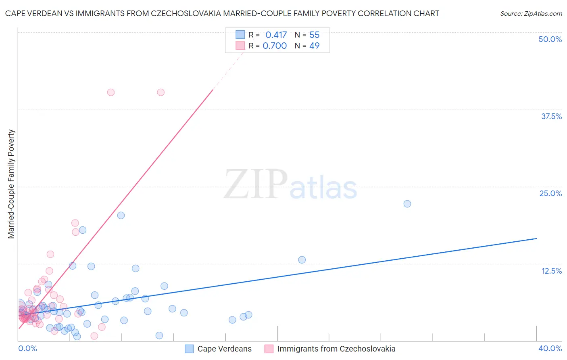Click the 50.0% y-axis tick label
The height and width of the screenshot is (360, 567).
(x=550, y=39)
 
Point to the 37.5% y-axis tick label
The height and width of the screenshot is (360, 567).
(x=551, y=116)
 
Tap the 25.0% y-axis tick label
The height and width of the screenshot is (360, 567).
(x=550, y=193)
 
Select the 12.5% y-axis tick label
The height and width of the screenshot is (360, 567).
(x=551, y=271)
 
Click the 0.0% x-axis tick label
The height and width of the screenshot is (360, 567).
(x=27, y=348)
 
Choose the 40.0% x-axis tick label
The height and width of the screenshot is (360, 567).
(x=550, y=348)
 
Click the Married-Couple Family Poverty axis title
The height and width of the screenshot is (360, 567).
(x=11, y=184)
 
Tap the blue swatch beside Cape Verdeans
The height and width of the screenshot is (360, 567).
(x=190, y=349)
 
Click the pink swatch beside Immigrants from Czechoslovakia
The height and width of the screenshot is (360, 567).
(x=269, y=349)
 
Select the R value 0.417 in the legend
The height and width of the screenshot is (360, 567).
(x=276, y=35)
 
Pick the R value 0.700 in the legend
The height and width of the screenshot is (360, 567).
(x=275, y=46)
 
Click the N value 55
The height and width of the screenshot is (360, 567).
(x=314, y=35)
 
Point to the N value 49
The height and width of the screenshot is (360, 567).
(x=314, y=46)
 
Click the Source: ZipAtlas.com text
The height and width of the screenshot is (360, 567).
(x=531, y=14)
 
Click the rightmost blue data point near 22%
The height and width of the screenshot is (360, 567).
(x=407, y=204)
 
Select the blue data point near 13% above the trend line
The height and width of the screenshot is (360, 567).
(x=302, y=260)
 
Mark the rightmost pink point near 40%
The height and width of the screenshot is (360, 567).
(x=161, y=92)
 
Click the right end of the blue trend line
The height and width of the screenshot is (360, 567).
(x=536, y=239)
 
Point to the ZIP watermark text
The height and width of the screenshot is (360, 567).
(x=256, y=184)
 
